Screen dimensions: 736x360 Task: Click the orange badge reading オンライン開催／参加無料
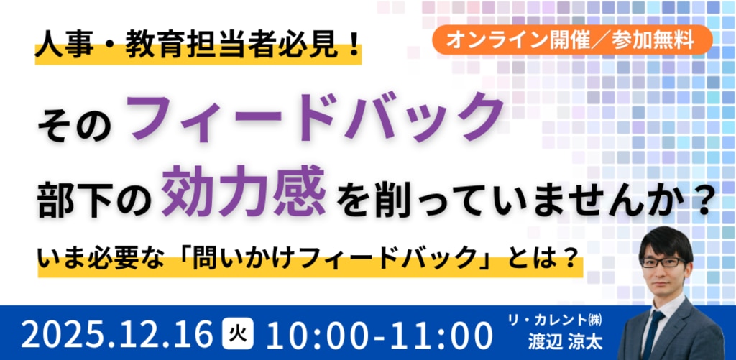point(573,40)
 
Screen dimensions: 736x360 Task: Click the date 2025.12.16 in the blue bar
point(117,335)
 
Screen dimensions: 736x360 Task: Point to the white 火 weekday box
point(237,333)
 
